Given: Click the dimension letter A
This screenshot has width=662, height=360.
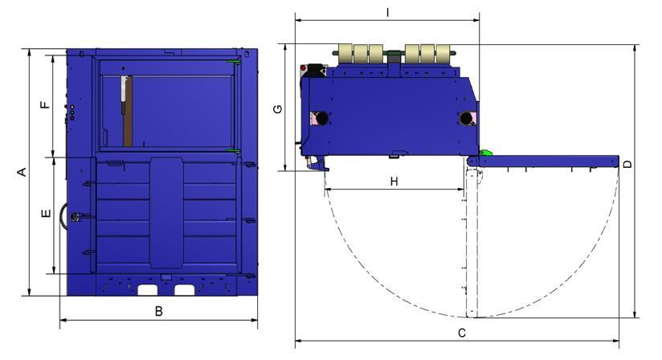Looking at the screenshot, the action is point(22,172).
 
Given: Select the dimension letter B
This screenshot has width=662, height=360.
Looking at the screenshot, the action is point(159,312).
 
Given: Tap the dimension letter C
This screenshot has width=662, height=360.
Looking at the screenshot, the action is point(462,333).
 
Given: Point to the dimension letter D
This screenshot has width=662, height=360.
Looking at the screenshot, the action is point(628,164).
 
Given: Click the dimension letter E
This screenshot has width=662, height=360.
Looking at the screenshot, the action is point(47,214).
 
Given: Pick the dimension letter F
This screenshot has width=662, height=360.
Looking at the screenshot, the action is point(45,104).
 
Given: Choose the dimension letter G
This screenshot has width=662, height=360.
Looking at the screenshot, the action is point(278,109).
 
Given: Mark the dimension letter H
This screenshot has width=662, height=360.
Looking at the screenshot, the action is point(394,182).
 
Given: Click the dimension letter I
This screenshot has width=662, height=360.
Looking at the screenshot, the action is point(387,13).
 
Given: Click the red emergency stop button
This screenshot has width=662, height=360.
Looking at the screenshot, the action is point(303,68).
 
